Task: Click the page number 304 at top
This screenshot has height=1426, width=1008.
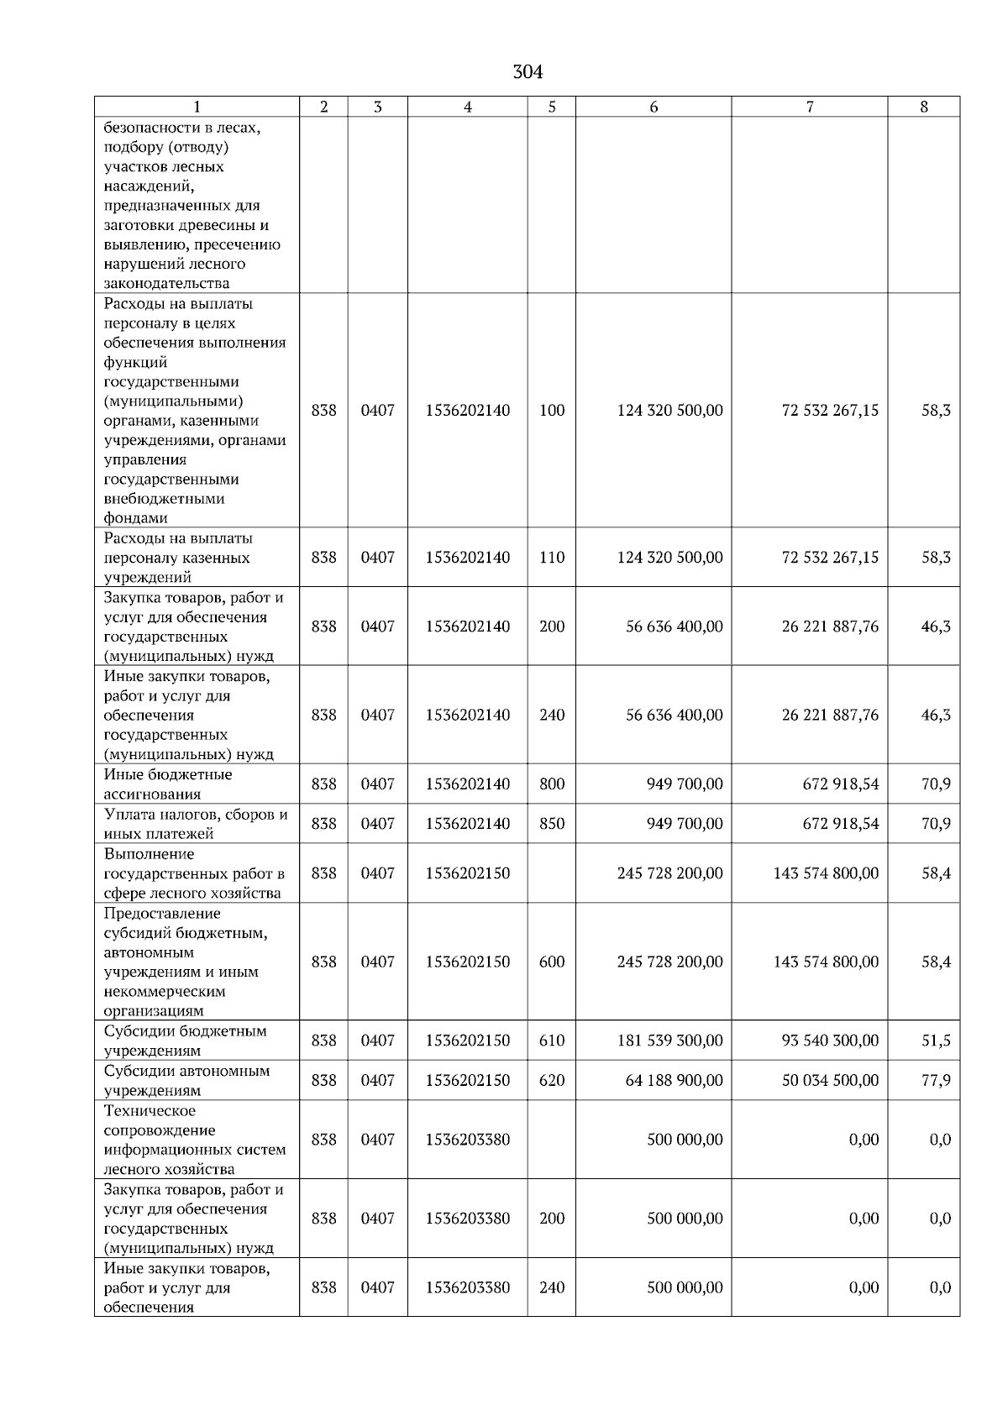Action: (528, 73)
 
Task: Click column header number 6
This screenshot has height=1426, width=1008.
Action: (653, 107)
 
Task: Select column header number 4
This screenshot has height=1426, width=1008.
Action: (467, 107)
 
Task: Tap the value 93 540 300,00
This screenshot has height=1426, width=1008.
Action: (830, 1041)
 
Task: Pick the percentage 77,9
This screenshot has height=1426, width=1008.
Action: (936, 1080)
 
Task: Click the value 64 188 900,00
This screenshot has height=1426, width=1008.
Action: (674, 1080)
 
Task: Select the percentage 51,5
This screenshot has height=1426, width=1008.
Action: (936, 1041)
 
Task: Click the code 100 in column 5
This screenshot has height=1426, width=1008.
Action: (552, 411)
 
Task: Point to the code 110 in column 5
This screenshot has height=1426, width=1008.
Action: (552, 558)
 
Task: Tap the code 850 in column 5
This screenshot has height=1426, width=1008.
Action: (552, 824)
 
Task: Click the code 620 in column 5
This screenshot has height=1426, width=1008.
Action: (552, 1080)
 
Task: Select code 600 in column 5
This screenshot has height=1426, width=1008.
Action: (552, 962)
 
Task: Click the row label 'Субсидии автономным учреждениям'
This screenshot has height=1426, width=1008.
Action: (186, 1081)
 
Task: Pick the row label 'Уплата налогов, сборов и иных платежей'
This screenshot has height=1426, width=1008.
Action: (195, 824)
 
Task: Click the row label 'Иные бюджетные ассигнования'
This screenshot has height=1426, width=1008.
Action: (167, 784)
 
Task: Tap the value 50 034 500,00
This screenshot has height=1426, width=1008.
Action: (830, 1080)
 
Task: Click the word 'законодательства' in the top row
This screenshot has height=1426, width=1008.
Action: (166, 284)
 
